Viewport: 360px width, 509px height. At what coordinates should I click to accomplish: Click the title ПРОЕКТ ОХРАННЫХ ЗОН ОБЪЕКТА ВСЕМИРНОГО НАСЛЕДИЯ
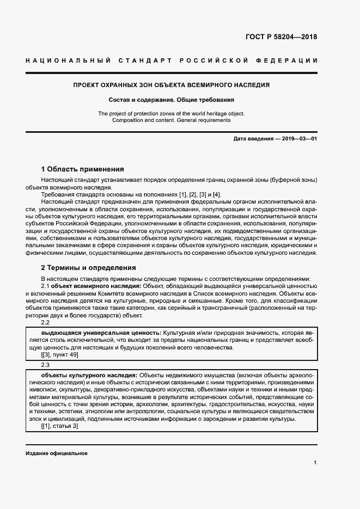pyautogui.click(x=172, y=85)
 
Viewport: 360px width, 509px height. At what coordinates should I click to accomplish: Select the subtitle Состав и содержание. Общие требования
pyautogui.click(x=172, y=100)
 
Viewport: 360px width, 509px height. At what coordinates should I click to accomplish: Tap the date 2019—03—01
pyautogui.click(x=298, y=139)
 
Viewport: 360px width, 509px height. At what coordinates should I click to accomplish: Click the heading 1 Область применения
pyautogui.click(x=82, y=169)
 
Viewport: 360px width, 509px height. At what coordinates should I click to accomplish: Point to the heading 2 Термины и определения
pyautogui.click(x=85, y=268)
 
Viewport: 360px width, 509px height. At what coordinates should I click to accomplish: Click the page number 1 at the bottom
pyautogui.click(x=315, y=462)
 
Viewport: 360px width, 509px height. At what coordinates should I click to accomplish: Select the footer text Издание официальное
pyautogui.click(x=56, y=453)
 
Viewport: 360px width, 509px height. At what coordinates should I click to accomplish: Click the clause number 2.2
pyautogui.click(x=45, y=322)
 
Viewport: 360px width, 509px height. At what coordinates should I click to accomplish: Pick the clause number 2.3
pyautogui.click(x=45, y=365)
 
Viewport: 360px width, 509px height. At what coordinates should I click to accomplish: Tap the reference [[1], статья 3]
pyautogui.click(x=60, y=426)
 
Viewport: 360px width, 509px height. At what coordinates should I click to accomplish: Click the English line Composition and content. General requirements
pyautogui.click(x=172, y=120)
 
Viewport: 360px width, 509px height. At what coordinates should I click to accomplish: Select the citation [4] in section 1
pyautogui.click(x=217, y=194)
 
